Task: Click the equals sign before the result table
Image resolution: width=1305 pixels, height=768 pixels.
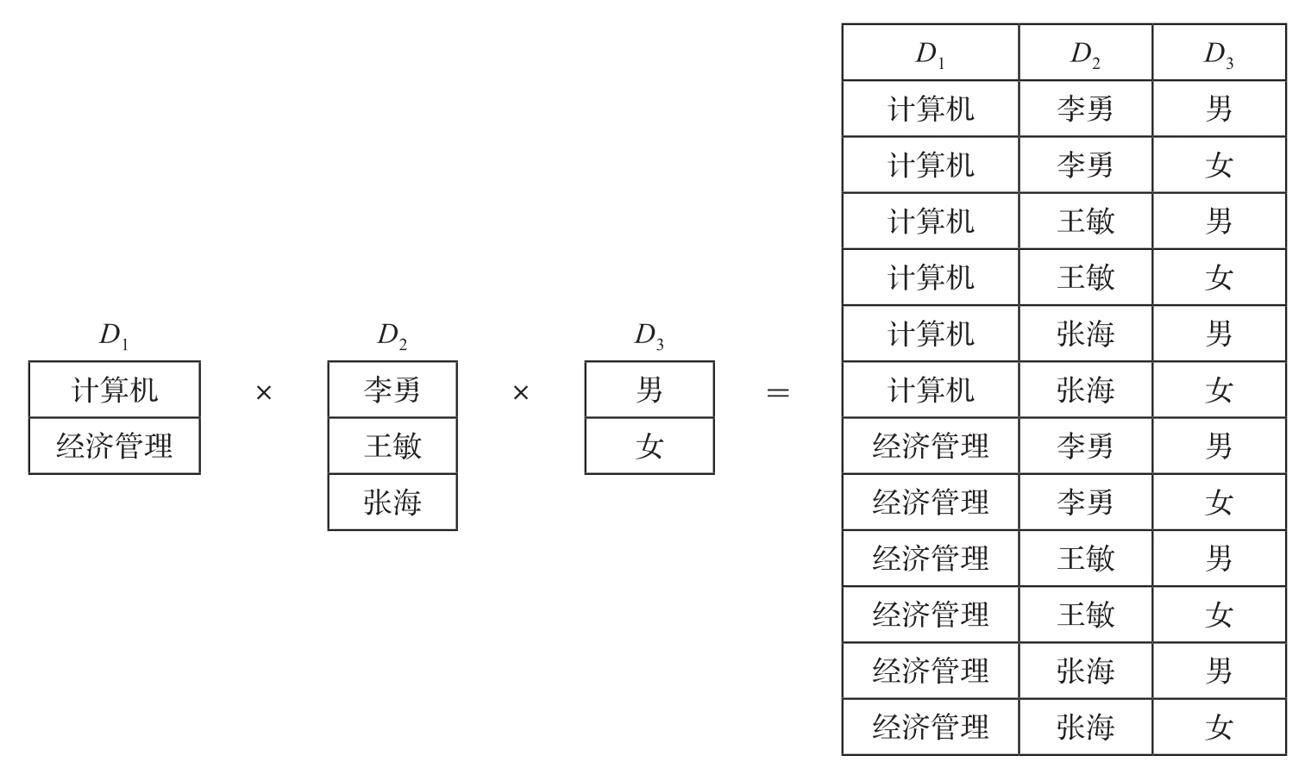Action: pos(778,393)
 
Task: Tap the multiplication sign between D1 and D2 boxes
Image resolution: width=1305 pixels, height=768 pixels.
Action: pos(264,393)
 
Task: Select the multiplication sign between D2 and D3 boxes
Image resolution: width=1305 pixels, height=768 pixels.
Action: pos(521,393)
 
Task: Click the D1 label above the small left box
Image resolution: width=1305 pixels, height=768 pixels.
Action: pos(114,336)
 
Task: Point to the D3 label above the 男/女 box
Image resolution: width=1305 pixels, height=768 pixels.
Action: pos(649,336)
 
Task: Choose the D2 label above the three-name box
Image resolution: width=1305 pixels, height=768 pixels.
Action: pos(392,336)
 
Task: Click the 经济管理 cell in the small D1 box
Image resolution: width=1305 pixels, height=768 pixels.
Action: pos(114,446)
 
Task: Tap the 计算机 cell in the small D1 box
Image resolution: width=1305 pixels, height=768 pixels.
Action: pos(114,390)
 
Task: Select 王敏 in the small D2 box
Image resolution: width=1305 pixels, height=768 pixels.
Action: pos(392,446)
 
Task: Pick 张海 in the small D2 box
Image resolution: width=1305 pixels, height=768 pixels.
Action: pos(392,502)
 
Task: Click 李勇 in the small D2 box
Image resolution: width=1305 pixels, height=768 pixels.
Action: pos(392,390)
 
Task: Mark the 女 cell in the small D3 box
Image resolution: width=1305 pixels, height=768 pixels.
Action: pos(649,446)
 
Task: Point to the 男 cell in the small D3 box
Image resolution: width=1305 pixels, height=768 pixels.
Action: pos(649,390)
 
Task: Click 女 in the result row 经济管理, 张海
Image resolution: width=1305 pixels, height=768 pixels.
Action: pos(1220,727)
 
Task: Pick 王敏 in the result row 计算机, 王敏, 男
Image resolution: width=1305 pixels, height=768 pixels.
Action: pos(1086,222)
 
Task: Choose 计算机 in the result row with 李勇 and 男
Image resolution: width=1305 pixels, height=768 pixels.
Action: pos(931,109)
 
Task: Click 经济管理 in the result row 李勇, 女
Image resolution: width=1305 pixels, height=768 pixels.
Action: pos(931,503)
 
